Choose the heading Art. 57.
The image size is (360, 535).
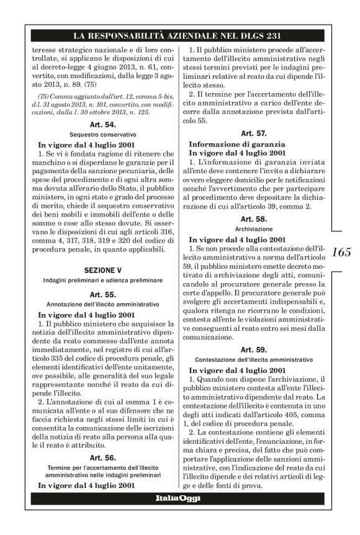click(253, 133)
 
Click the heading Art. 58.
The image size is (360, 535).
click(253, 219)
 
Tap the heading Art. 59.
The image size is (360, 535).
click(253, 349)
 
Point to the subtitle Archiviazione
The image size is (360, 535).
click(253, 228)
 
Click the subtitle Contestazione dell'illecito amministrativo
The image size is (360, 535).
click(253, 359)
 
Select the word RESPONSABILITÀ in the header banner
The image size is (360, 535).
click(137, 35)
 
